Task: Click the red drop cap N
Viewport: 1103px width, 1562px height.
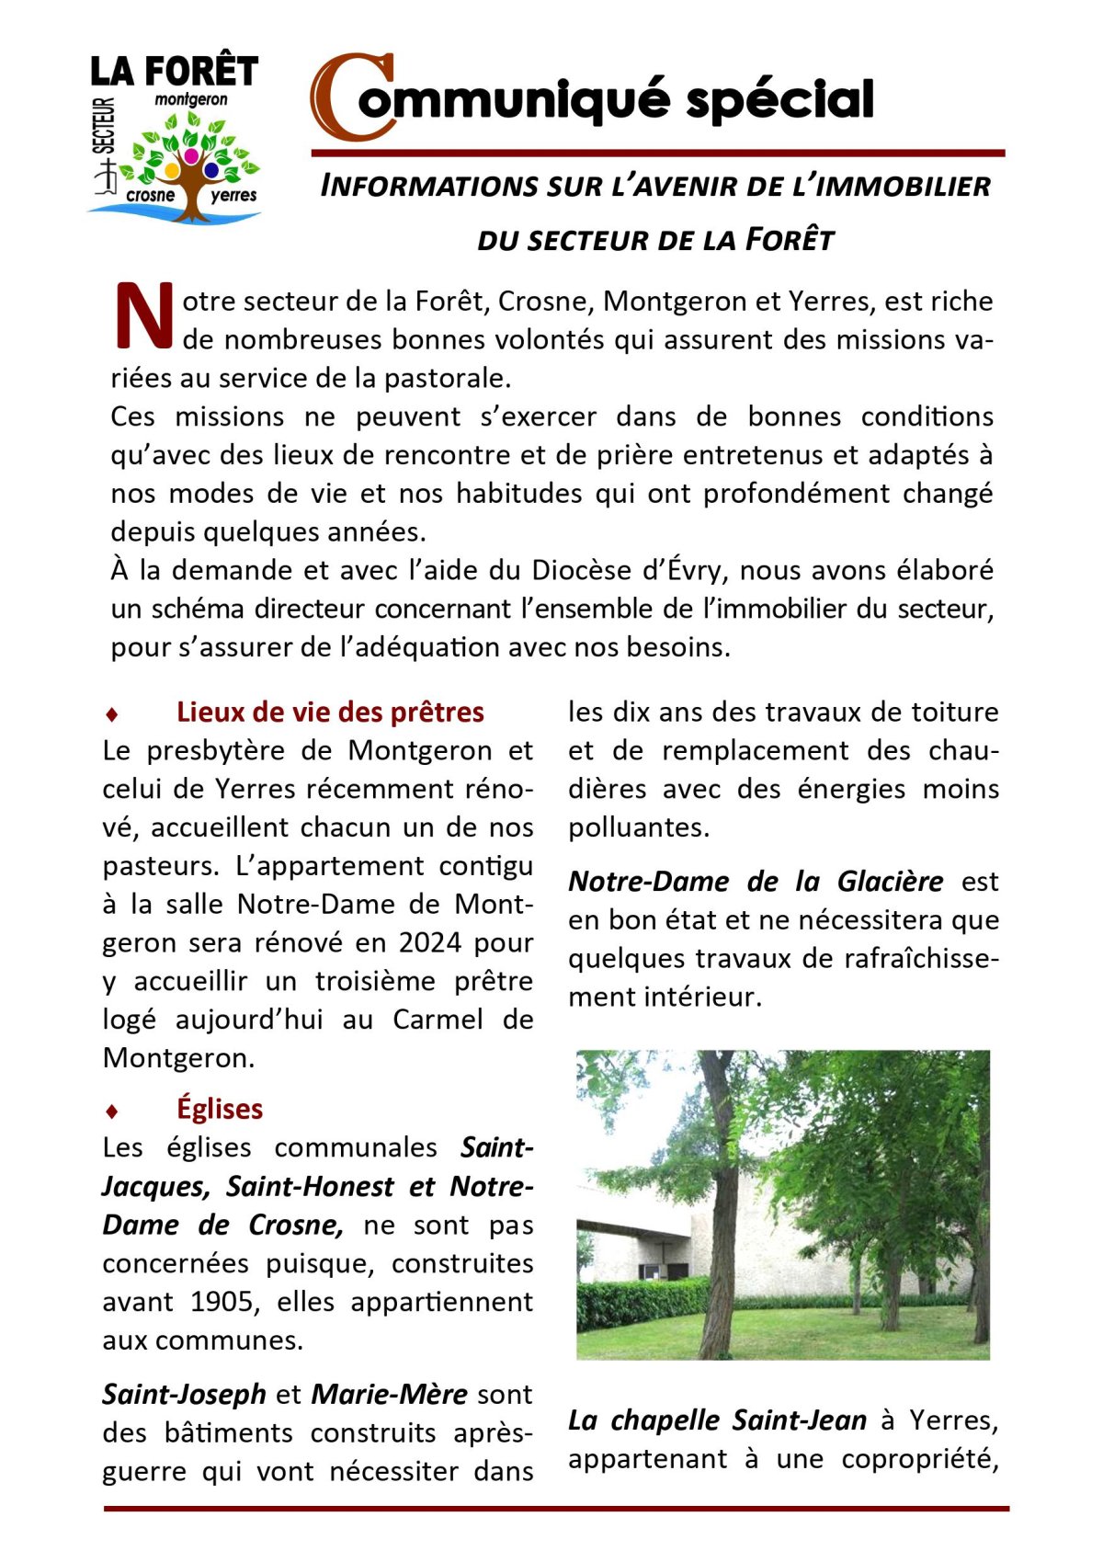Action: (x=143, y=315)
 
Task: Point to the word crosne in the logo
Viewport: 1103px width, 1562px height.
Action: (x=150, y=195)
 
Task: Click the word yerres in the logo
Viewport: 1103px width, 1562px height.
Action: (x=233, y=195)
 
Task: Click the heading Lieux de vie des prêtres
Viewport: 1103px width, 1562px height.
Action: (x=330, y=712)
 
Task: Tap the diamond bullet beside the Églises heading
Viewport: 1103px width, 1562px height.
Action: (x=112, y=1111)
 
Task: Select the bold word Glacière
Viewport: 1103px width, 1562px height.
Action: (x=890, y=881)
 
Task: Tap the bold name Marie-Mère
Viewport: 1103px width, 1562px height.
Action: (x=390, y=1394)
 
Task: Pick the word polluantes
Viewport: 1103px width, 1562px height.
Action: (x=638, y=827)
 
